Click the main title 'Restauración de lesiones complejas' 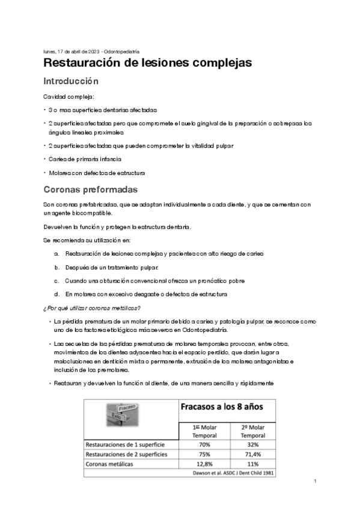click(147, 63)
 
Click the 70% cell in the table click(204, 444)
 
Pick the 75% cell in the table click(204, 454)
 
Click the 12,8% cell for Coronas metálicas click(204, 464)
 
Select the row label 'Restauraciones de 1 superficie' click(125, 444)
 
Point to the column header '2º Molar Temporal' click(252, 430)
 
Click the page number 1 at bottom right click(316, 482)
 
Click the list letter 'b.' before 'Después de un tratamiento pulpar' click(56, 267)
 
